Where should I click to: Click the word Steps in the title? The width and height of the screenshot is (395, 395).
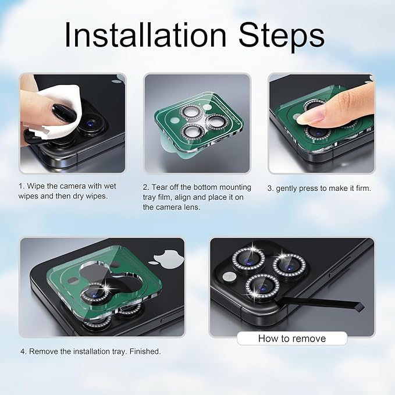282,37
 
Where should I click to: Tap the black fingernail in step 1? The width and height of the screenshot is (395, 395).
64,113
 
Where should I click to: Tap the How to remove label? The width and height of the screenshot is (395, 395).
292,339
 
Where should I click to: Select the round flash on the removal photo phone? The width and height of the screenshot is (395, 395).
229,276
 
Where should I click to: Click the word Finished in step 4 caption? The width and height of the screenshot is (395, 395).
145,351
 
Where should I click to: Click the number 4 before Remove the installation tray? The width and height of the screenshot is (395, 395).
23,352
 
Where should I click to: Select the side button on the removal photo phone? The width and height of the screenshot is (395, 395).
339,267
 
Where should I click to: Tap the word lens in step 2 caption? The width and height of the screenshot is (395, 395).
194,207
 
